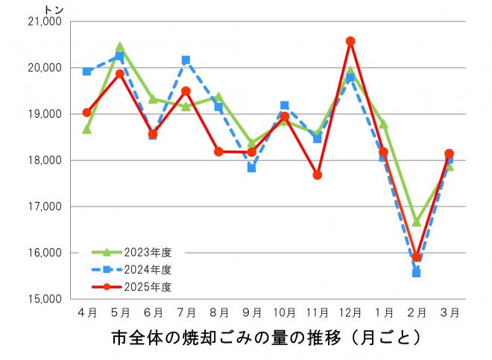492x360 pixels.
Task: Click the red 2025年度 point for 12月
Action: coord(350,41)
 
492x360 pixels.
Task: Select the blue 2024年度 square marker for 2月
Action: coord(416,273)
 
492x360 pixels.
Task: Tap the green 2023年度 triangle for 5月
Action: coord(120,47)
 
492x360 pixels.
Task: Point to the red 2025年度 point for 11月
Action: coord(318,175)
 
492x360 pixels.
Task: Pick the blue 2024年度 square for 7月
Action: coord(186,60)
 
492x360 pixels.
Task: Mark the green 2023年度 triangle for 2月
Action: coord(416,222)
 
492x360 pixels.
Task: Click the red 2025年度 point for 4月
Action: coord(87,113)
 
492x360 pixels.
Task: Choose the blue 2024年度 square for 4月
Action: coord(87,72)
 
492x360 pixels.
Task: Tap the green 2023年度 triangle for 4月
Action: coord(87,130)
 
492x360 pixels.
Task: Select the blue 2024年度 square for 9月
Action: coord(252,168)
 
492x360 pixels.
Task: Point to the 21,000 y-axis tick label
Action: coord(43,22)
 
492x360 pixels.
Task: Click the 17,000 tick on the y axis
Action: coord(43,206)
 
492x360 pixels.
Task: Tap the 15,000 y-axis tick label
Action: coord(43,299)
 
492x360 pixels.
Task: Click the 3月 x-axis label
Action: coord(449,312)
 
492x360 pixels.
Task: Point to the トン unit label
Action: coord(54,8)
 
